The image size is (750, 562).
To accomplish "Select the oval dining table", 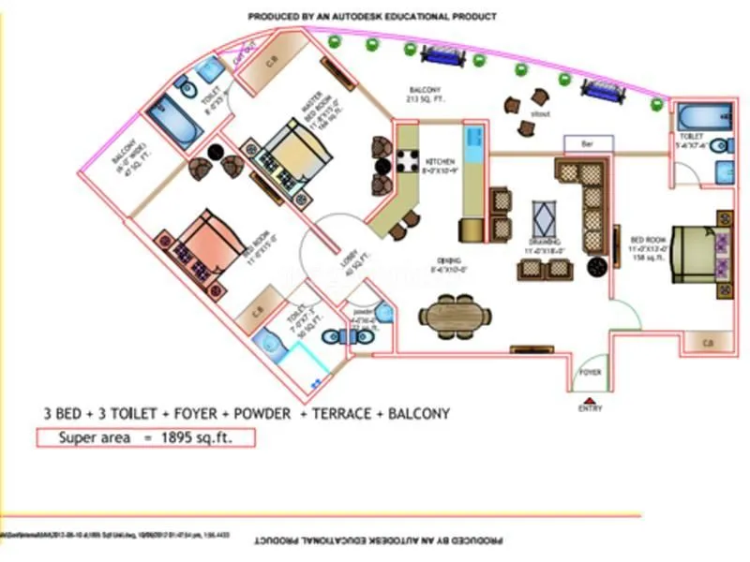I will [453, 314].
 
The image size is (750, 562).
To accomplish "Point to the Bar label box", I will [590, 144].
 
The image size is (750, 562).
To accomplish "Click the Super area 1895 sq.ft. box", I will [145, 437].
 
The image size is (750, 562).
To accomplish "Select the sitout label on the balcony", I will [539, 113].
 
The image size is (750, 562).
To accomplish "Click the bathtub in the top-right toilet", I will [702, 117].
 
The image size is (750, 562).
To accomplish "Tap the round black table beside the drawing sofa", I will [597, 266].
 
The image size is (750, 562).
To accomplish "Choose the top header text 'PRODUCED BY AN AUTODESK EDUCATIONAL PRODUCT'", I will [372, 17].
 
